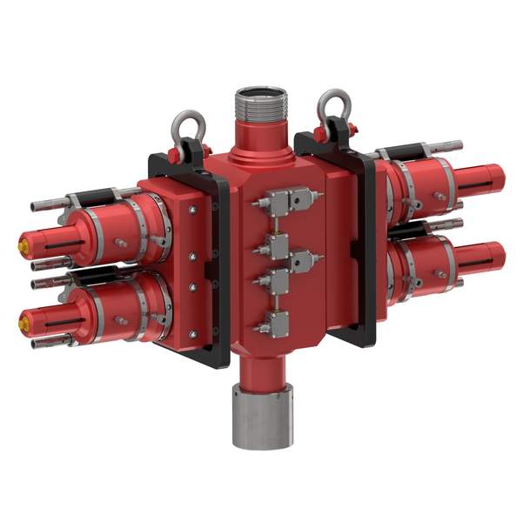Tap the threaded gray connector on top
pos(260,105)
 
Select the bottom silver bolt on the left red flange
pos(192,334)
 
